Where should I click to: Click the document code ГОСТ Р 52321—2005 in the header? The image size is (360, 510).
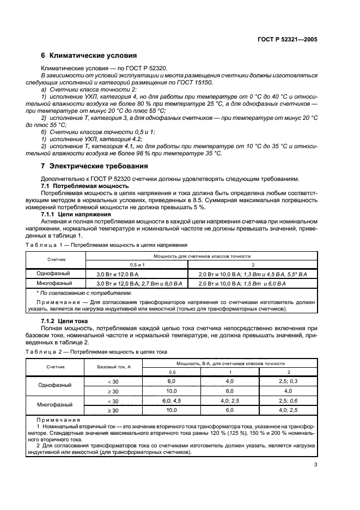[x=286, y=40]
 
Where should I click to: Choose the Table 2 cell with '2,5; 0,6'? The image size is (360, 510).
[x=289, y=400]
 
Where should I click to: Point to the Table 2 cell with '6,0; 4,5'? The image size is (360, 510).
[x=171, y=400]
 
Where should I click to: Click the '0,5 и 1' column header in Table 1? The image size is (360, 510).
[x=137, y=264]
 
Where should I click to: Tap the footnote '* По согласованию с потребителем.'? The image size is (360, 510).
[x=71, y=293]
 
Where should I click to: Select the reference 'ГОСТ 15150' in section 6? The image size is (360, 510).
[x=197, y=82]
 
